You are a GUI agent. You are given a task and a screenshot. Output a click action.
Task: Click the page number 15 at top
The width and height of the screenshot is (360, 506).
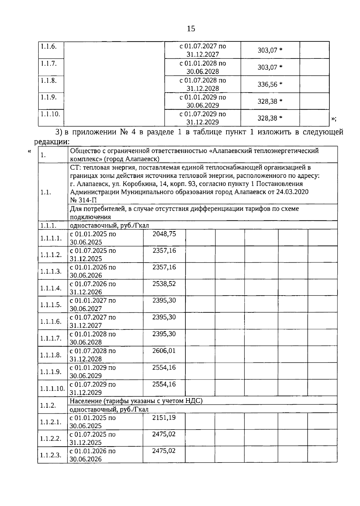point(191,29)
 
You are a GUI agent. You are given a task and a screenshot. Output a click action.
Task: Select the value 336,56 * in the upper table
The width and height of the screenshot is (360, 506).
point(270,85)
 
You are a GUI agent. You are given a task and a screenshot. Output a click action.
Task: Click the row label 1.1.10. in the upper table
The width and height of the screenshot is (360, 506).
point(50,114)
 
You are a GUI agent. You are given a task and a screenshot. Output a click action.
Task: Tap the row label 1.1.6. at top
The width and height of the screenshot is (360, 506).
point(49,46)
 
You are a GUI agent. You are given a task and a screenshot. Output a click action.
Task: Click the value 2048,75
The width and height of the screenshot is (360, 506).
point(164,234)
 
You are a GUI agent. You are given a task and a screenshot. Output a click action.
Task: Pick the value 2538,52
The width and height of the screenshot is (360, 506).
point(164,284)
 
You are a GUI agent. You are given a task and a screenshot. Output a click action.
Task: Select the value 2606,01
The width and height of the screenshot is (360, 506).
point(164,351)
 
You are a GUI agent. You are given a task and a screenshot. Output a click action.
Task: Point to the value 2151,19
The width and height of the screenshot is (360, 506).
point(164,418)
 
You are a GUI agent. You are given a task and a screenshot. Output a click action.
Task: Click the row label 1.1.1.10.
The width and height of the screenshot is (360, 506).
point(52,389)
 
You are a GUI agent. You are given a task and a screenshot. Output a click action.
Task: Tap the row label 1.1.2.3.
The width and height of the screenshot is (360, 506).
point(51,455)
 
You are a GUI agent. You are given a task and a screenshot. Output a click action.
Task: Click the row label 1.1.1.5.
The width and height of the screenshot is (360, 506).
point(51,305)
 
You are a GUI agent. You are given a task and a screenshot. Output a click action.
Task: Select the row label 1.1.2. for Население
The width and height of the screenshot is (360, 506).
point(49,405)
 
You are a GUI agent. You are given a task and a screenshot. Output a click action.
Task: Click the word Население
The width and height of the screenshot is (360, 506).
point(84,401)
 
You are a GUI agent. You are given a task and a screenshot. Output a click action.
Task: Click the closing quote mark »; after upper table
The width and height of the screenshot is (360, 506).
point(333,119)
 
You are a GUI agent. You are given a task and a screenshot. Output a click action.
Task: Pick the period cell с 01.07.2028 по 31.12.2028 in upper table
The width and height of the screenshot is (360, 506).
point(202,85)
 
